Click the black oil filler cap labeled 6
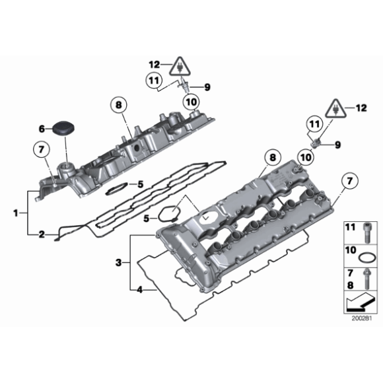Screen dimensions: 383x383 pos(63,128)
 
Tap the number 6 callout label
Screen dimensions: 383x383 pos(42,129)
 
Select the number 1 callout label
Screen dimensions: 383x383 pos(16,213)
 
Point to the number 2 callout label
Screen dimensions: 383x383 pos(42,234)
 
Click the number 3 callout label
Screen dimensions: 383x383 pos(118,263)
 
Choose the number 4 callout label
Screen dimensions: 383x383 pos(139,290)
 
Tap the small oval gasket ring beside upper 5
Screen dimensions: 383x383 pos(116,189)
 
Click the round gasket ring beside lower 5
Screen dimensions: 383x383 pos(169,213)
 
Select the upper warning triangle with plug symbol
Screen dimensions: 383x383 pos(180,67)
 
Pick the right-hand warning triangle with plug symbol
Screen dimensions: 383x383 pos(336,109)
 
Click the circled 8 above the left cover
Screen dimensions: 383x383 pos(118,105)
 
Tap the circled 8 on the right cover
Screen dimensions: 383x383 pos(273,157)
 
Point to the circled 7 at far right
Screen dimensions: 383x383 pos(350,181)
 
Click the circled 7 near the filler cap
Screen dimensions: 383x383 pos(42,149)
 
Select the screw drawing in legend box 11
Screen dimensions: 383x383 pos(366,233)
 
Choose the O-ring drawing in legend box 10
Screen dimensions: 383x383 pos(367,258)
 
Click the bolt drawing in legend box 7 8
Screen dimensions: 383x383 pos(367,279)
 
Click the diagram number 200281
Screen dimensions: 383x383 pos(362,318)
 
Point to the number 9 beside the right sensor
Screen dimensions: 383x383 pos(337,145)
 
